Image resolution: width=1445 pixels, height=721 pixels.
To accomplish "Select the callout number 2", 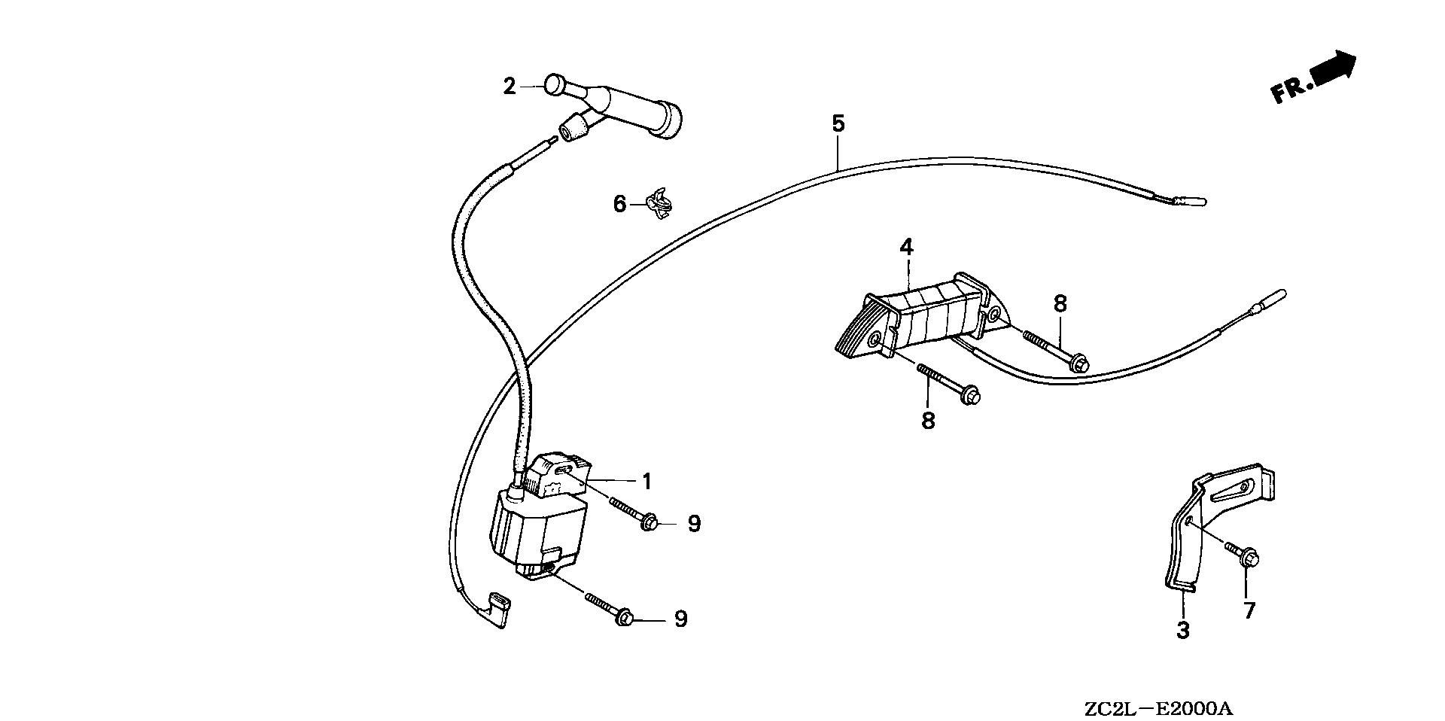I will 510,87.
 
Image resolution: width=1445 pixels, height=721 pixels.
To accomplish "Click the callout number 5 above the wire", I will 838,123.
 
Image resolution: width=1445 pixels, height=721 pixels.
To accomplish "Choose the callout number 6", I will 619,204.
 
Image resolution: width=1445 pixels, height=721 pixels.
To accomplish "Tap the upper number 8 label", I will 1060,304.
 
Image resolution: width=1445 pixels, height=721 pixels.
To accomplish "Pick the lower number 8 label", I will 928,421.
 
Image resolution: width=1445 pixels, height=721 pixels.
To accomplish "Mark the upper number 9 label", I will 693,524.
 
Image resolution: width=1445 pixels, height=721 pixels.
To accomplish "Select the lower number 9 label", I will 680,619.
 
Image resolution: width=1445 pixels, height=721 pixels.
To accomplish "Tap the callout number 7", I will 1249,610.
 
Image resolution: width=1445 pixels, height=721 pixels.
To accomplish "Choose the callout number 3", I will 1182,631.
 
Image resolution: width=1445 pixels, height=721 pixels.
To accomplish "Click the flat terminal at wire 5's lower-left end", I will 498,610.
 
